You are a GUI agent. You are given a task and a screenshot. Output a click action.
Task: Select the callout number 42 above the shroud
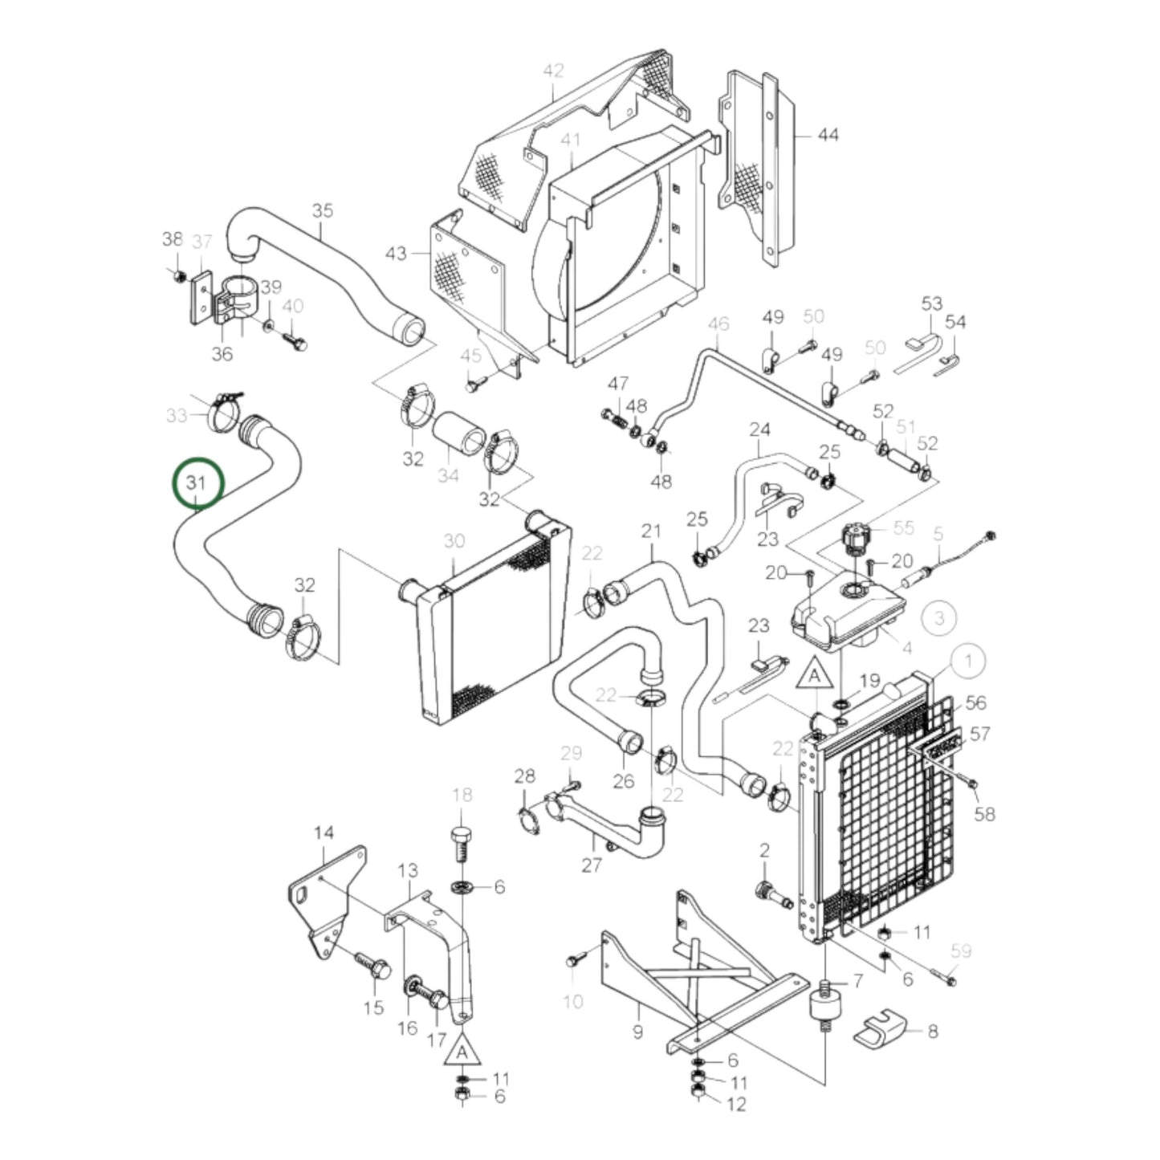click(554, 71)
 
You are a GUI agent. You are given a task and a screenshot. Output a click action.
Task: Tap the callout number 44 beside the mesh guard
click(827, 135)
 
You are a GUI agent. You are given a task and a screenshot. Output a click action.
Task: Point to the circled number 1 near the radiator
click(969, 661)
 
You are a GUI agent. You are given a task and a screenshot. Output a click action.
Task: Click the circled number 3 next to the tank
click(940, 617)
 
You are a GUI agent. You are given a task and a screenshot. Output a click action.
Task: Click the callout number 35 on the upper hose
click(322, 211)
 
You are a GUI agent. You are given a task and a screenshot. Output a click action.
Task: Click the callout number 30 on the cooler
click(454, 541)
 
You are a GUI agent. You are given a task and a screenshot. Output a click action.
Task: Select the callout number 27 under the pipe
click(592, 865)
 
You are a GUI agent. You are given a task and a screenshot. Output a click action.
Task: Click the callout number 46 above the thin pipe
click(718, 324)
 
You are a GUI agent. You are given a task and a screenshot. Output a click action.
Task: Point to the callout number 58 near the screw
click(984, 813)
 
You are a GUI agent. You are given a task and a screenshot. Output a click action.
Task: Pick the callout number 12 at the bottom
click(736, 1104)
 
